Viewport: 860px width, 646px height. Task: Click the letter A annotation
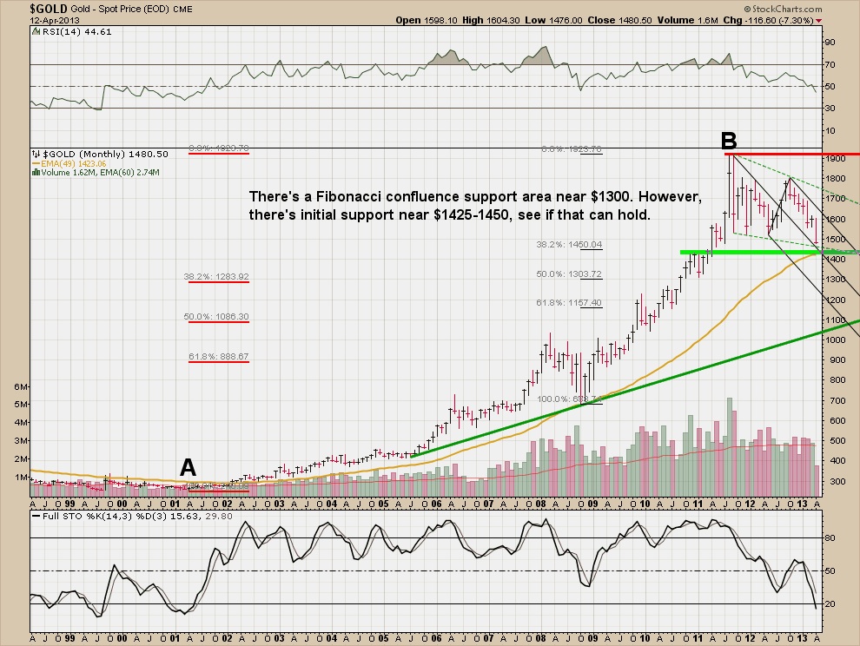[188, 468]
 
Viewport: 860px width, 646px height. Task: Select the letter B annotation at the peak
[729, 140]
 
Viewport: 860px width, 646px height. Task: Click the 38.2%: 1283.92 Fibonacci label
[216, 277]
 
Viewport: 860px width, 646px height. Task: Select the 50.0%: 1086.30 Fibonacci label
[216, 317]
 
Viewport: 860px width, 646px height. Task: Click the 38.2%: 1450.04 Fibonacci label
[570, 245]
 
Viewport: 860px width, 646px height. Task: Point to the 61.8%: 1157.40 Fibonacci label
[570, 303]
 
